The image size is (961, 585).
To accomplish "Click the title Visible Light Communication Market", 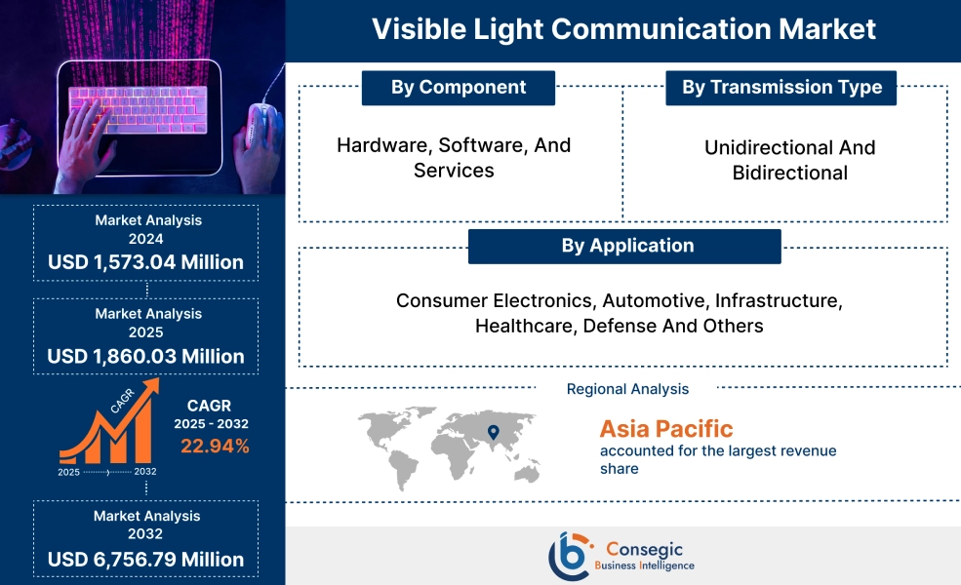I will pos(623,28).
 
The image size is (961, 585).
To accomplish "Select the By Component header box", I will pos(458,88).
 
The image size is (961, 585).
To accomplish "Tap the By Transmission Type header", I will pos(781,88).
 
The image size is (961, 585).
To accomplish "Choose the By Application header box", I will pos(625,246).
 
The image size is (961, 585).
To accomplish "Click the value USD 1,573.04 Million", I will pos(146,262).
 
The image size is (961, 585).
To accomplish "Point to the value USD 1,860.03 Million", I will pos(146,356).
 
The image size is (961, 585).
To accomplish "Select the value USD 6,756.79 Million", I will pos(146,559).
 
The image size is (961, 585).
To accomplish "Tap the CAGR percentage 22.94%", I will pos(215,447).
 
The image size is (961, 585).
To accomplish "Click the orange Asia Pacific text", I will pos(665,428).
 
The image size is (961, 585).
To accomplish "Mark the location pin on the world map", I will pos(493,431).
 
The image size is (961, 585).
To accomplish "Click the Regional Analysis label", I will pos(627,389).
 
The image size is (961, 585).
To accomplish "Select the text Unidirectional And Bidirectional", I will pos(789,160).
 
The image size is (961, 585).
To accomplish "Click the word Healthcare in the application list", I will pos(525,326).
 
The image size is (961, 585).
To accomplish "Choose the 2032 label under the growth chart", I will pos(144,472).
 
